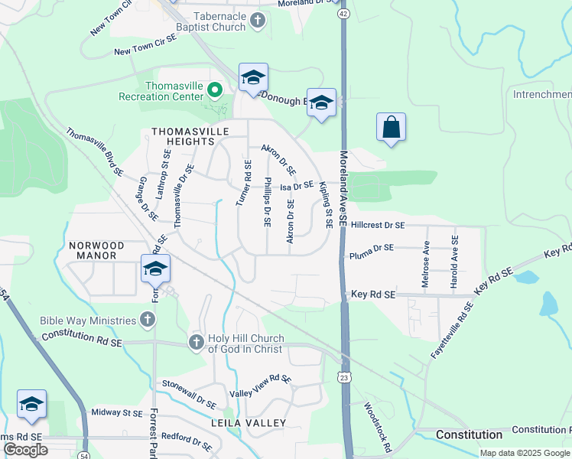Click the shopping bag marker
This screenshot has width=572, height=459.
[x=391, y=128]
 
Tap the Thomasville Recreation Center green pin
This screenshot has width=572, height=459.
[x=215, y=92]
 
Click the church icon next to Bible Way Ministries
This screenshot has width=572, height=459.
[x=149, y=319]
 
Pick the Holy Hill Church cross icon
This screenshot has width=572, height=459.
[x=196, y=341]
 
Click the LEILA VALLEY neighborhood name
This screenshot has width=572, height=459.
[x=249, y=423]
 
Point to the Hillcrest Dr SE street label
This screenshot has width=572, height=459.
[x=378, y=226]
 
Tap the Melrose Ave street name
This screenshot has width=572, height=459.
[x=426, y=265]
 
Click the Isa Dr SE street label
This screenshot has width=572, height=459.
[x=297, y=186]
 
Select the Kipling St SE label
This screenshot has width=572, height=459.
[x=327, y=205]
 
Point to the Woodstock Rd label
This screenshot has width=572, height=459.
[x=377, y=428]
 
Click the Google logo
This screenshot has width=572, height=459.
[x=25, y=450]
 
